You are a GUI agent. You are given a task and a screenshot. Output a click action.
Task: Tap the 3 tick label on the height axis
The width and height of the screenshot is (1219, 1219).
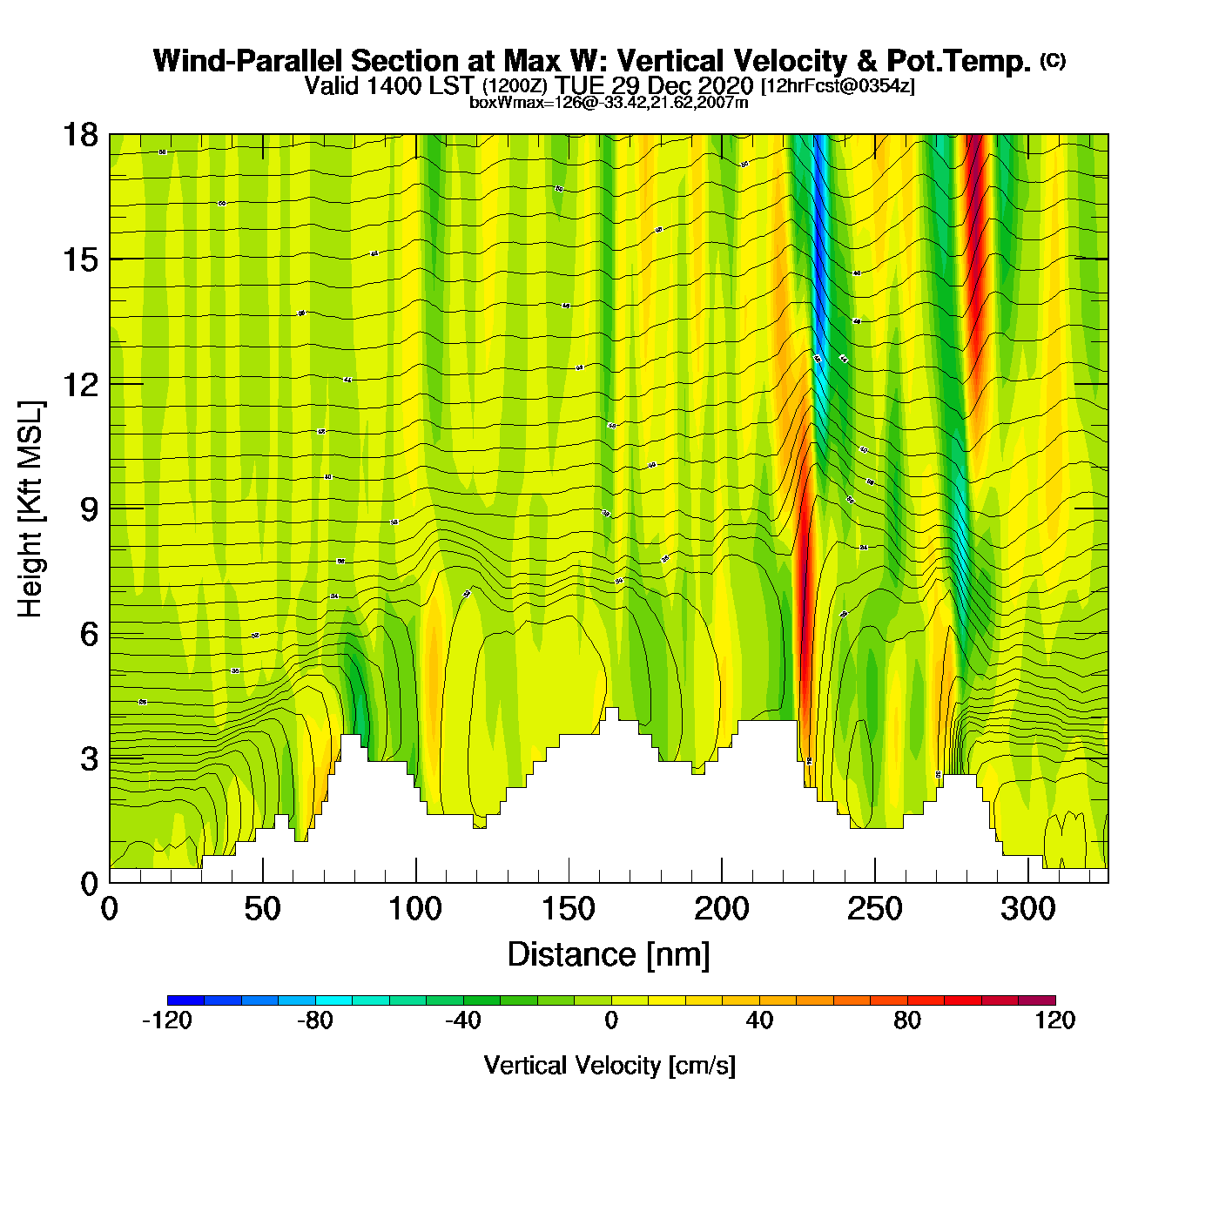click(x=89, y=759)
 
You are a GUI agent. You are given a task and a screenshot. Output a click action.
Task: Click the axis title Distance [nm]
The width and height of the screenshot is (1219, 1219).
click(x=609, y=954)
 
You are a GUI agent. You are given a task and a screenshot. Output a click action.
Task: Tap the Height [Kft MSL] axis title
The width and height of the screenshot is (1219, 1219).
click(x=30, y=509)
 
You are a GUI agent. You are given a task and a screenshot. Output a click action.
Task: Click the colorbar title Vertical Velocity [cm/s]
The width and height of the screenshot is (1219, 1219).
click(x=609, y=1065)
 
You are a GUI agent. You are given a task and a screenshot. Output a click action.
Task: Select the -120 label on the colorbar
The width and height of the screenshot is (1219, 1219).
click(x=166, y=1020)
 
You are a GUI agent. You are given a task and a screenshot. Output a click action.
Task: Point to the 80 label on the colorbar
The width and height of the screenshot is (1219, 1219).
click(x=907, y=1020)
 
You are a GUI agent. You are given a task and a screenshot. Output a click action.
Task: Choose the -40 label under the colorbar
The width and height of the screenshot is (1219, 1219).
click(x=462, y=1020)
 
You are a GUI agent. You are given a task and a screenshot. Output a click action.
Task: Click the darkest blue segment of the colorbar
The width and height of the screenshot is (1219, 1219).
click(x=185, y=1000)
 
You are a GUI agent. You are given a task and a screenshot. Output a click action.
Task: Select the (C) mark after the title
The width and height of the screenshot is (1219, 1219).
click(x=1052, y=60)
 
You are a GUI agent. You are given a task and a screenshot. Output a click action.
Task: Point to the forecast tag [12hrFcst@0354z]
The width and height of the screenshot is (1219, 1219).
click(x=838, y=86)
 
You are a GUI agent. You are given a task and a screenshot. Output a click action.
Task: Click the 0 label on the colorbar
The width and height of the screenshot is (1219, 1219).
click(x=611, y=1020)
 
